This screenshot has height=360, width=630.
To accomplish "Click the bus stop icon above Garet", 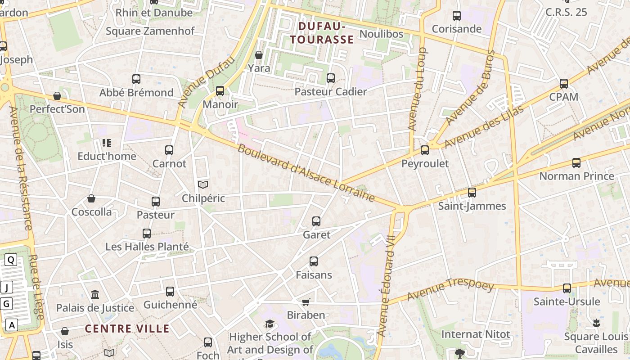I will [x=316, y=221].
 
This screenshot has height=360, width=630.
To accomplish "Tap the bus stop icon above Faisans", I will [x=314, y=261].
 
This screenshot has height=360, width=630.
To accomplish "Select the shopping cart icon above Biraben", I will [x=306, y=302].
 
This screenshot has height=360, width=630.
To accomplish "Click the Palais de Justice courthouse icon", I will [x=95, y=295].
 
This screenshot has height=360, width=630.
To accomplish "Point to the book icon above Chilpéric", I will [x=203, y=184].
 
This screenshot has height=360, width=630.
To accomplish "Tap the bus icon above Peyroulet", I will [x=425, y=150].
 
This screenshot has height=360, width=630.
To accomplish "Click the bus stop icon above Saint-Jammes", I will [x=472, y=193].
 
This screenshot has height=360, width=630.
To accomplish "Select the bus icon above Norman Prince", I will [x=576, y=163].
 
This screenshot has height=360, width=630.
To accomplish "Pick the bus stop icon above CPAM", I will [x=564, y=84].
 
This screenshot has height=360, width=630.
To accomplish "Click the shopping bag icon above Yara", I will [x=259, y=55].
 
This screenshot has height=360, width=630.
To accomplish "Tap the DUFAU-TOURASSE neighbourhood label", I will [x=322, y=33].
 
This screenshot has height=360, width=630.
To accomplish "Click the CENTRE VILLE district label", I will [x=127, y=328].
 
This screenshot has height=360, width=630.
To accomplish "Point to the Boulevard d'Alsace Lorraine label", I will [x=306, y=173].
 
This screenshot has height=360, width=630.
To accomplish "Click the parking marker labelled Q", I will [x=10, y=260].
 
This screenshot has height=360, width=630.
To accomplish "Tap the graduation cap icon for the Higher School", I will [x=270, y=324].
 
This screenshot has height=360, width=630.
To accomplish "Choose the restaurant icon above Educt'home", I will [x=107, y=143].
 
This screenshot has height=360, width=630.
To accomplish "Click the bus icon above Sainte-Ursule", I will [x=567, y=288].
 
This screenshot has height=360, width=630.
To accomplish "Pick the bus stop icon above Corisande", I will [x=457, y=16].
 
